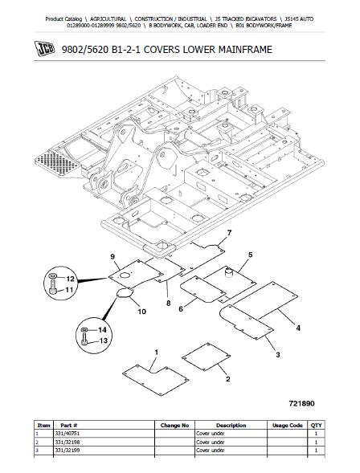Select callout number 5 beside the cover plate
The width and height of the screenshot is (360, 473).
(x=250, y=255)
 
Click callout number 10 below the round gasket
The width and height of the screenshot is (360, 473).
(x=141, y=311)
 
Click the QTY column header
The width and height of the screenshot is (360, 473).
(x=315, y=425)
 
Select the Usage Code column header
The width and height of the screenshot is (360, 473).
(x=286, y=425)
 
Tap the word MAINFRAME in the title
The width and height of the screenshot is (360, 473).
(x=239, y=51)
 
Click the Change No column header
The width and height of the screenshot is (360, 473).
(x=174, y=425)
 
